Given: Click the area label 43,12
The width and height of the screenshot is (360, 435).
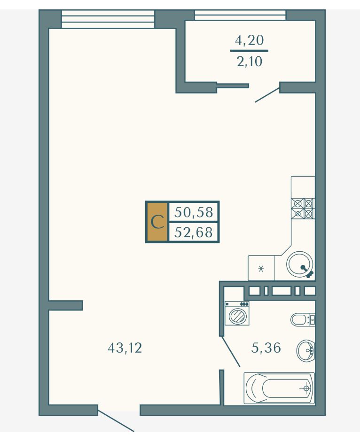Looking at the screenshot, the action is pyautogui.click(x=125, y=348).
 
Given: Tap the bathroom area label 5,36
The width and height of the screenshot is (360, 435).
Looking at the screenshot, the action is pyautogui.click(x=266, y=348).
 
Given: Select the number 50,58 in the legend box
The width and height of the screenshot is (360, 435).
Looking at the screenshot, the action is pyautogui.click(x=194, y=212).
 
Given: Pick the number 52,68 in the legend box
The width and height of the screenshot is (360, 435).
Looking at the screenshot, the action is pyautogui.click(x=194, y=232).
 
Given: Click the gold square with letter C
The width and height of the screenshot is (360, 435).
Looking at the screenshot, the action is pyautogui.click(x=157, y=222).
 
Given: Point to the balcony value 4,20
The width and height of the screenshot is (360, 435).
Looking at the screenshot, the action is pyautogui.click(x=249, y=40).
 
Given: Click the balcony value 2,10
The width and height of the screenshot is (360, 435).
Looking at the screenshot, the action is pyautogui.click(x=249, y=62).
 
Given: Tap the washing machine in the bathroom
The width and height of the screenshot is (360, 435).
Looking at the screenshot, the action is pyautogui.click(x=237, y=313).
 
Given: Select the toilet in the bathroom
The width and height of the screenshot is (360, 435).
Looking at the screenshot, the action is pyautogui.click(x=303, y=319).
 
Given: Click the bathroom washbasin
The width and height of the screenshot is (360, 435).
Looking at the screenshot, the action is pyautogui.click(x=305, y=350).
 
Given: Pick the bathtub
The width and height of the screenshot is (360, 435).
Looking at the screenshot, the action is pyautogui.click(x=279, y=388).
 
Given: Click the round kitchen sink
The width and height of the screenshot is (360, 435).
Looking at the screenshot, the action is pyautogui.click(x=300, y=264).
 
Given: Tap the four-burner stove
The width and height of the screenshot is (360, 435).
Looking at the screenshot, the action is pyautogui.click(x=303, y=208).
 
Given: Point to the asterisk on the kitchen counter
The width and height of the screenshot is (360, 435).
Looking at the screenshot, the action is pyautogui.click(x=261, y=269).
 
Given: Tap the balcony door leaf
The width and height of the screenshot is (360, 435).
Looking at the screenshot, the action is pyautogui.click(x=267, y=95).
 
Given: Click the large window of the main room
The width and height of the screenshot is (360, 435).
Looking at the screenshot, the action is pyautogui.click(x=108, y=19).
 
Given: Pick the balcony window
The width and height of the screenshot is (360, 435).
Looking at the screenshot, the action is pyautogui.click(x=240, y=15).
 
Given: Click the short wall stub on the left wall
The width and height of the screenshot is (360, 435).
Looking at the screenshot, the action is pyautogui.click(x=66, y=305).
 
